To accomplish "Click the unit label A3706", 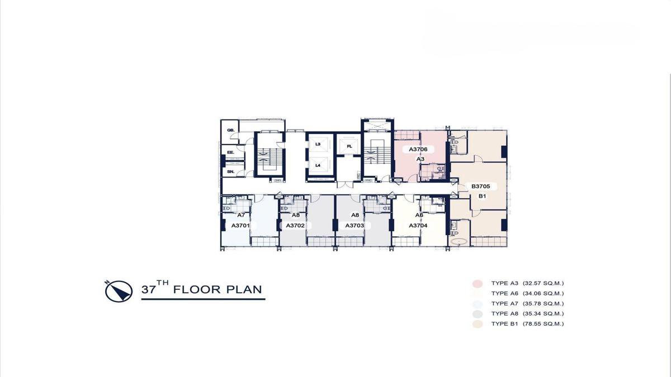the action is pos(418,149).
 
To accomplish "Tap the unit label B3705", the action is pos(481,186).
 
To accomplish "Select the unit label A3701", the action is pos(240,225).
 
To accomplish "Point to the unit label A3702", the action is pos(295,225).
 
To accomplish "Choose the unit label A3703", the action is pos(355,225).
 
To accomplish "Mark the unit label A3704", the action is pos(418,225).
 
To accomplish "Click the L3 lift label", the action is pos(318,144).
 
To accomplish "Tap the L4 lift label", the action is pos(318,165).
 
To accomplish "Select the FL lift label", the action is pos(349,146).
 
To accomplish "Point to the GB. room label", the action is pos(230,130).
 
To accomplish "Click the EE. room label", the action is pos(230,152).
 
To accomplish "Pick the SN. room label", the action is pos(230,172).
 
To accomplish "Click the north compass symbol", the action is pos(119,291).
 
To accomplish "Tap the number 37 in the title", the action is pos(149,290).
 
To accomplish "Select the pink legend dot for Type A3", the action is pos(478,283).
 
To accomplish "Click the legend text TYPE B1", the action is pos(504,324).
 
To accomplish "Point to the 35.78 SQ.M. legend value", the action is pos(544,304).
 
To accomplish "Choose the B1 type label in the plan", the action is pos(482,196).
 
